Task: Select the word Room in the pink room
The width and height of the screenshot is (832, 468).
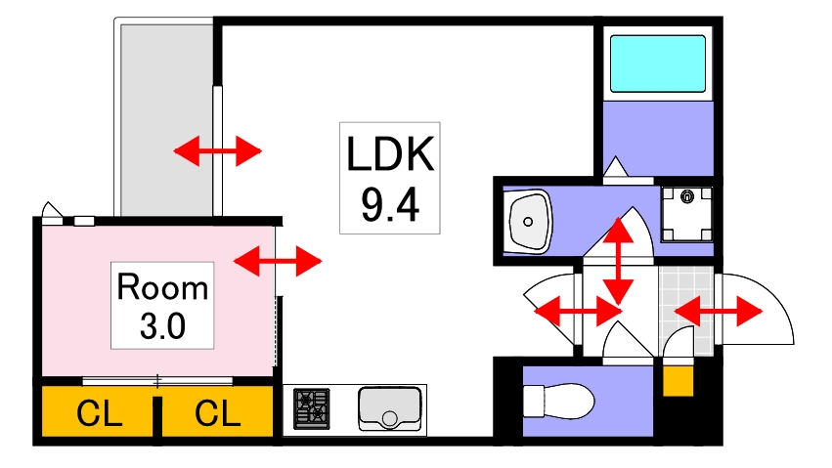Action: [162, 288]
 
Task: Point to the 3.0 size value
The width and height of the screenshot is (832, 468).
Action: [162, 325]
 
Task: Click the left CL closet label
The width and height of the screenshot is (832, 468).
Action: [99, 415]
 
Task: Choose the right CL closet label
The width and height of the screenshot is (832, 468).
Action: [217, 415]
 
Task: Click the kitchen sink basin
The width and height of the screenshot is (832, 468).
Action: [389, 407]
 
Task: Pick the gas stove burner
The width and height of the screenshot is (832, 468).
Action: [313, 407]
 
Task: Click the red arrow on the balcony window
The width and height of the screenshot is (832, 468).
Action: [218, 150]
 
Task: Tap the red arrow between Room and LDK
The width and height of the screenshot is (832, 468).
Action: [278, 260]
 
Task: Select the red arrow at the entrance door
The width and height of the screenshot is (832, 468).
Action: [718, 313]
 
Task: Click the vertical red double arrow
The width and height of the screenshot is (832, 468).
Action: [617, 261]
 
